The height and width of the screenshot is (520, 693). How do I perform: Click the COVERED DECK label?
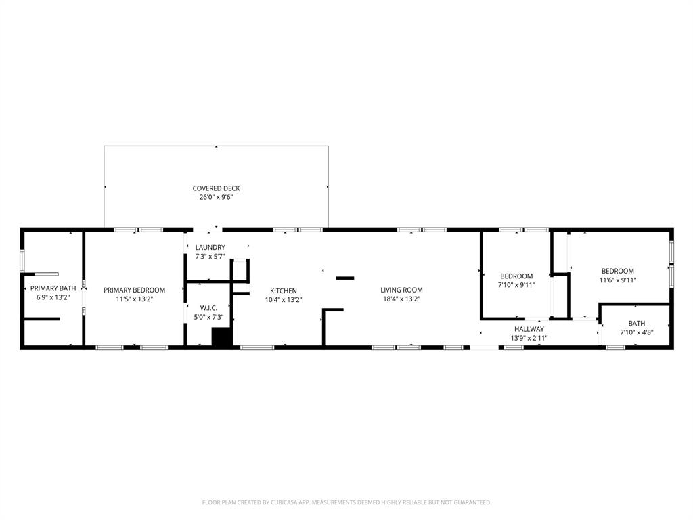tap(216, 188)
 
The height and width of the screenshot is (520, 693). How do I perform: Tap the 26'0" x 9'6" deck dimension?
tap(216, 198)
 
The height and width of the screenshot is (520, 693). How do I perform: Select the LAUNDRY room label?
tap(210, 248)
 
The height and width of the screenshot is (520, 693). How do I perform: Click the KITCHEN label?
tap(283, 290)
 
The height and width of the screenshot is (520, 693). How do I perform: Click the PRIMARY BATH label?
tap(53, 288)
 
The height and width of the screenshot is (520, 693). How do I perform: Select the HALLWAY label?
tap(529, 329)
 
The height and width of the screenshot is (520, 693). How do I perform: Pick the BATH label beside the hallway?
tap(636, 324)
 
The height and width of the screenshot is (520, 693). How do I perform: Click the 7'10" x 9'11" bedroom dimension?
tap(517, 285)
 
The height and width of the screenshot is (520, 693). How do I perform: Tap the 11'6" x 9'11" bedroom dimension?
tap(617, 280)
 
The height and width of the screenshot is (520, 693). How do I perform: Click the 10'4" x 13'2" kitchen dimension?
tap(283, 299)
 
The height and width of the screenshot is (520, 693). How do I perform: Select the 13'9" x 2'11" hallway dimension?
tap(529, 337)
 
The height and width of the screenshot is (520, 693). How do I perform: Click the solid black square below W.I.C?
tap(221, 337)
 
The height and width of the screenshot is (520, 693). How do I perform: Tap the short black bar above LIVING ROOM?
tap(345, 278)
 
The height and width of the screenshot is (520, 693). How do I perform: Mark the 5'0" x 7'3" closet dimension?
tap(208, 317)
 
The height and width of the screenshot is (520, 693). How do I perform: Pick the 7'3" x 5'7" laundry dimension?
tap(210, 257)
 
